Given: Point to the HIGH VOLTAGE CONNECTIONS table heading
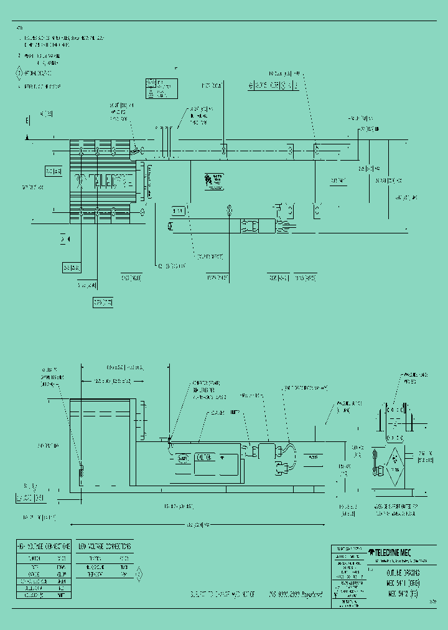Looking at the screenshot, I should point(43,546).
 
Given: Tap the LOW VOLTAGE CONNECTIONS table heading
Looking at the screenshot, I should point(105,546).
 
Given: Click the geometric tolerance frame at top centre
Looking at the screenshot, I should point(274,85).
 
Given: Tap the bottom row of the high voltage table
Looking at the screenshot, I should point(43,595).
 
